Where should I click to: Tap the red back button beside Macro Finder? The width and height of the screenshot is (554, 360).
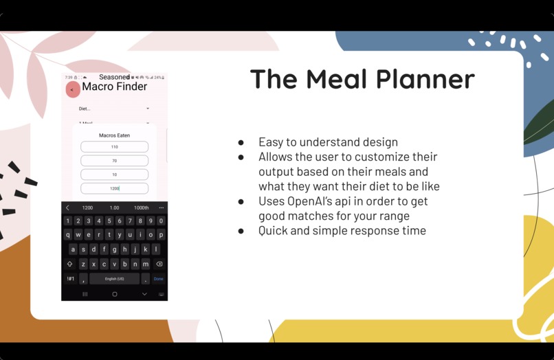pos(72,90)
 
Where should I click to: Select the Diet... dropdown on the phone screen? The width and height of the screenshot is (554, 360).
pos(114,109)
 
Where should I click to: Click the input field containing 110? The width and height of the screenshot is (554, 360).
pos(114,147)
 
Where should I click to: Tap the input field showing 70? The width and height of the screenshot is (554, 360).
pos(114,161)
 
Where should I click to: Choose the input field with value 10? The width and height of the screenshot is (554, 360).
pos(114,175)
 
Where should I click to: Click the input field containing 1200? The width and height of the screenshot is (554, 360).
pos(114,188)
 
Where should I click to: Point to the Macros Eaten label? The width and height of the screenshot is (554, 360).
pos(114,135)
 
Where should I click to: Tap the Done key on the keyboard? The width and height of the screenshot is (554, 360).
pos(159,279)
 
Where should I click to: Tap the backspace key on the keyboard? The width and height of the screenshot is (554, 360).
pos(159,264)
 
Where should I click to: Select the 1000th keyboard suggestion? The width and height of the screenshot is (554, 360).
pos(141,207)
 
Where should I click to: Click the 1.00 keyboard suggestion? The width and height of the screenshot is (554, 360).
pos(114,207)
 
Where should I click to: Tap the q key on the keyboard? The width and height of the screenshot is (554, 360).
pos(68,235)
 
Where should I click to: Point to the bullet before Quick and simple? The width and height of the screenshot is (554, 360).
pos(241,232)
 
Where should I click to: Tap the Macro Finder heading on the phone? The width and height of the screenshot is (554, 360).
pos(115,87)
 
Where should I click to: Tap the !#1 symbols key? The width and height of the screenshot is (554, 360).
pos(70,279)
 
